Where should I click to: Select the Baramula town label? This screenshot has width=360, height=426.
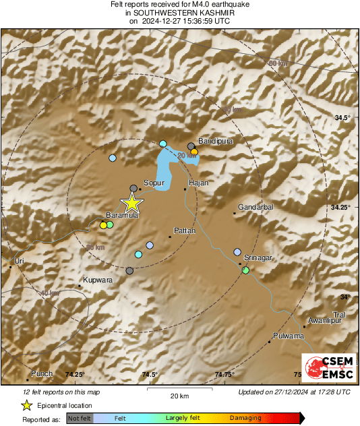tap(122, 215)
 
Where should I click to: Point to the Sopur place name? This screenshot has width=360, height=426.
tap(154, 183)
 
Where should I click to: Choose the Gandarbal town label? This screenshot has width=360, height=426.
tap(256, 208)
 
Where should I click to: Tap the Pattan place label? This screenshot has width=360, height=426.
tap(185, 231)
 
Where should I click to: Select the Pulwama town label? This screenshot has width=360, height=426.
tap(289, 336)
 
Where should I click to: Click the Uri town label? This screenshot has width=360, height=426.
tap(19, 260)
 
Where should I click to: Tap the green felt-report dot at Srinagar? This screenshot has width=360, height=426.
tap(246, 270)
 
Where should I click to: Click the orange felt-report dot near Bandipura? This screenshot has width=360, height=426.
tap(194, 152)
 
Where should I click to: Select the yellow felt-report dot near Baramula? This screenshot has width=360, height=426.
tap(103, 226)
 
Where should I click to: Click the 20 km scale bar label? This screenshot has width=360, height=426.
tap(179, 395)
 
